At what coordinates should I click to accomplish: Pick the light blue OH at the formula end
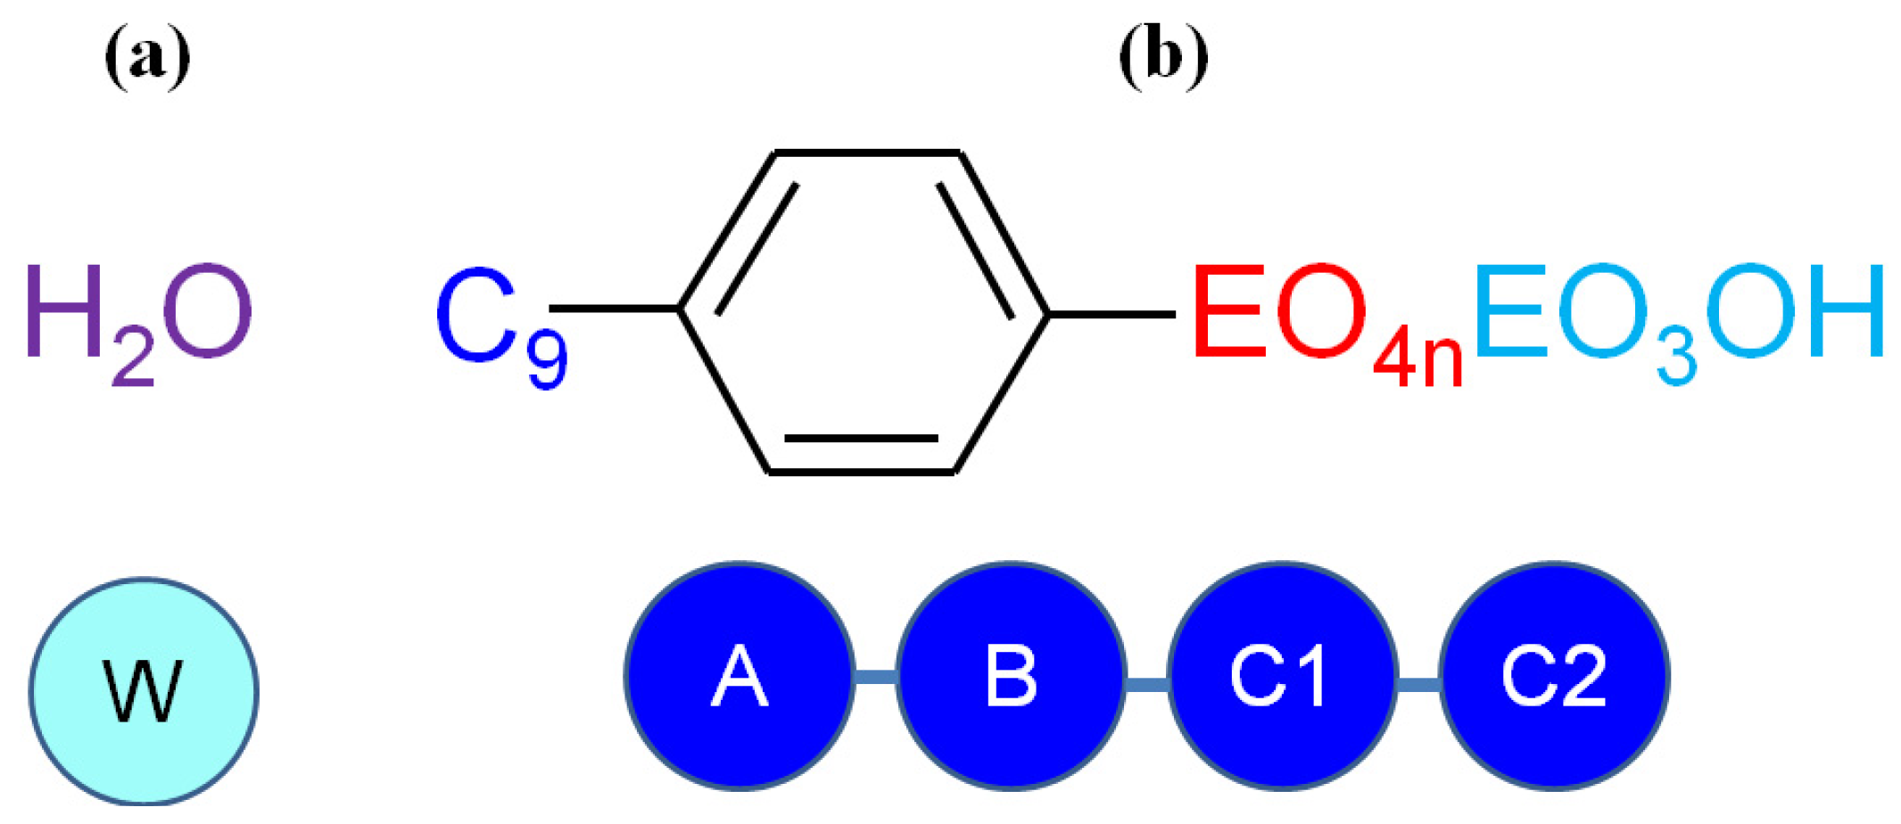[x=1793, y=312]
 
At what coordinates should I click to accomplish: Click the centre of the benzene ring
[x=864, y=312]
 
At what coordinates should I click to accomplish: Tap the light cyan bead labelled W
[x=144, y=692]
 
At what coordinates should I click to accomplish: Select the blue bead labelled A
[x=740, y=676]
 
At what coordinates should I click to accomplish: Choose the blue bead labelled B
[x=1011, y=676]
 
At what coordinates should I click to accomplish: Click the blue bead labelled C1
[x=1282, y=676]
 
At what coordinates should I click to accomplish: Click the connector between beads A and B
[x=875, y=678]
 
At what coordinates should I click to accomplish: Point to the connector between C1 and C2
[x=1418, y=684]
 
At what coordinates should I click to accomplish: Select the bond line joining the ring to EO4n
[x=1112, y=314]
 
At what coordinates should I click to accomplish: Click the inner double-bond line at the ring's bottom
[x=861, y=439]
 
